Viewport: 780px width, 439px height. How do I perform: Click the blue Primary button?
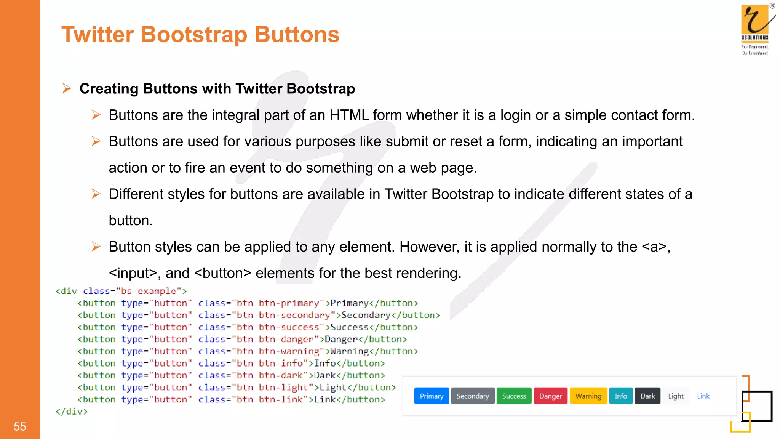point(432,396)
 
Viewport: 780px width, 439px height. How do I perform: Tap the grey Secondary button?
point(473,396)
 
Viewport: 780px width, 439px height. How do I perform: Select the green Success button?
point(514,396)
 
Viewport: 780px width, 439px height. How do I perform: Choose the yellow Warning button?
point(588,396)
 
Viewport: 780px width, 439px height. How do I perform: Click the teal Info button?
point(620,396)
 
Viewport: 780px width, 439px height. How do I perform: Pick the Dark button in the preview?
point(647,396)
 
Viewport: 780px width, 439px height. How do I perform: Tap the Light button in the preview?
point(676,396)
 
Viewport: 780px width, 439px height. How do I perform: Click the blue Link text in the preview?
point(703,396)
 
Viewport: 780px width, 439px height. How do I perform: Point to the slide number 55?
point(20,426)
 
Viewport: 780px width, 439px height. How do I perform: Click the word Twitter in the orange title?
point(97,35)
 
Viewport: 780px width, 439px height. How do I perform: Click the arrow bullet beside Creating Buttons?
point(67,89)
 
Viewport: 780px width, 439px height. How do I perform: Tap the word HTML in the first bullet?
point(349,115)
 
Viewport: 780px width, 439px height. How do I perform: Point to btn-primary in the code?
point(289,303)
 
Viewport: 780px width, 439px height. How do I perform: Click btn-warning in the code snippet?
point(289,351)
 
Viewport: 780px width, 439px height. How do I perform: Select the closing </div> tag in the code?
point(72,412)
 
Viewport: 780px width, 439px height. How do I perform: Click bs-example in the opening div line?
point(148,291)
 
